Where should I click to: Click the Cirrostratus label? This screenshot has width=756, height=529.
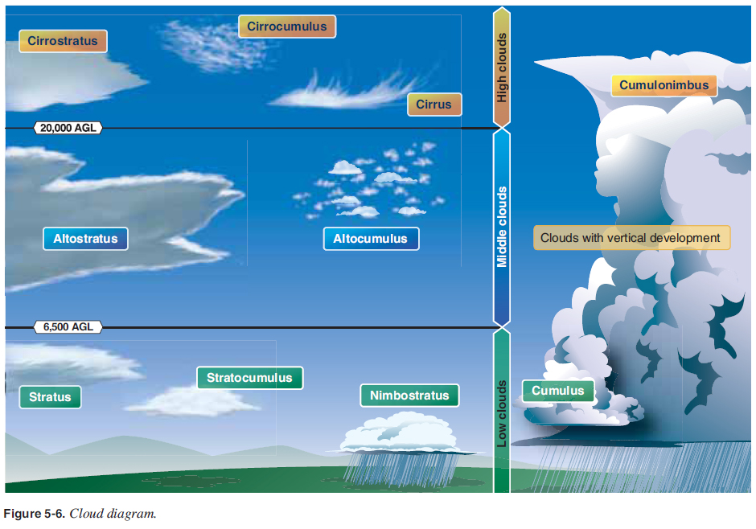click(x=63, y=41)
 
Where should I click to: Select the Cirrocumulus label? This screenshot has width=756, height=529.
click(x=287, y=27)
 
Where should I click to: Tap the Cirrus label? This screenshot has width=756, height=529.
click(x=434, y=105)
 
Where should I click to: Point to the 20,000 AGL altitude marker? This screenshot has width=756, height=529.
click(x=68, y=128)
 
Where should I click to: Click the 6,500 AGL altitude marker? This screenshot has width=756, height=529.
click(x=68, y=327)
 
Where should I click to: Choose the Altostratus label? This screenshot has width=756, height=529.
click(x=85, y=239)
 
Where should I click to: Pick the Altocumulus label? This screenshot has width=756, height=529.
click(x=371, y=239)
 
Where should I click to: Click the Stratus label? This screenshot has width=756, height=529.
click(x=50, y=397)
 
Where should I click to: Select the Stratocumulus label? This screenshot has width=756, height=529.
click(x=249, y=378)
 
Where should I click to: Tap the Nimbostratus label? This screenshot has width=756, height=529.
click(x=409, y=396)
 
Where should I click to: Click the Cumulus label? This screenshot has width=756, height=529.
click(x=558, y=392)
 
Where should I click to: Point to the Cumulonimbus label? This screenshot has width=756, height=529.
click(x=664, y=85)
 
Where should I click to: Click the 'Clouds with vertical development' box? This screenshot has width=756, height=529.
click(x=631, y=238)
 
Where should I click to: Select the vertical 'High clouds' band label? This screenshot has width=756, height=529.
click(x=502, y=68)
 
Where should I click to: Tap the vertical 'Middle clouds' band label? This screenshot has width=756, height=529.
click(x=502, y=227)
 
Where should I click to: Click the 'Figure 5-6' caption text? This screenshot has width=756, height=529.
click(x=80, y=514)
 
